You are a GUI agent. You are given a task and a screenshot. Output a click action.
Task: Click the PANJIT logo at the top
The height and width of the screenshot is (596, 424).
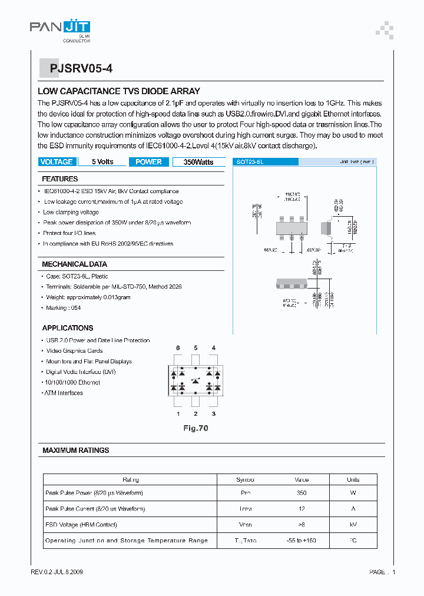[x=60, y=28]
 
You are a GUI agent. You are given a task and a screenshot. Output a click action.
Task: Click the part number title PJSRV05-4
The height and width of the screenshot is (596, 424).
[x=77, y=68]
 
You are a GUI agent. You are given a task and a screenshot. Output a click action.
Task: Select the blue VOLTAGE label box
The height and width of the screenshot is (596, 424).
[x=57, y=162]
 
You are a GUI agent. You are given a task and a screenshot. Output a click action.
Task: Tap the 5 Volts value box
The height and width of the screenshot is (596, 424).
[x=102, y=162]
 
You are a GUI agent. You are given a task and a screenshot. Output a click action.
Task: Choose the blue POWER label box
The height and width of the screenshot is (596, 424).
[x=148, y=162]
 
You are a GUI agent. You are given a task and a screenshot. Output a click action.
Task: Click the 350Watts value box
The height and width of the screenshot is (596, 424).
[x=198, y=162]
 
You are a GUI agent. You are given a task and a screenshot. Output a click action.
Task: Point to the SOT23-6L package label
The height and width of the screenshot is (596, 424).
[x=250, y=161]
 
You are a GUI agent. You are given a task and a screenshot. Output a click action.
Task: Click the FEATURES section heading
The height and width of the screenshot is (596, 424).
[x=59, y=179]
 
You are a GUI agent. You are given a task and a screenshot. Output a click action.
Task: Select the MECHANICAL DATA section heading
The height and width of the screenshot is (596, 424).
[x=74, y=264]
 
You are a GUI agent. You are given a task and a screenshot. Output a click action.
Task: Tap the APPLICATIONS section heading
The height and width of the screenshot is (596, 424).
[x=68, y=328]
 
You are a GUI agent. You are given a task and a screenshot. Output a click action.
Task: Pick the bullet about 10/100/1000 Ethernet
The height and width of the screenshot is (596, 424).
[x=72, y=382]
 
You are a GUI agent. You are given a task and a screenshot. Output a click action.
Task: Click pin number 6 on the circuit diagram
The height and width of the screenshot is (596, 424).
[x=177, y=348]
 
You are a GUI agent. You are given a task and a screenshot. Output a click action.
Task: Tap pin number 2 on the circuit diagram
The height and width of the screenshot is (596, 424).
[x=196, y=414]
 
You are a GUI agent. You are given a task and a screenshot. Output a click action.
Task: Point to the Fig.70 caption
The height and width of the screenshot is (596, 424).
[x=195, y=428]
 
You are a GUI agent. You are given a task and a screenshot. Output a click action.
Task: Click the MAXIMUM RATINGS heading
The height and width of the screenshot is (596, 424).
[x=75, y=451]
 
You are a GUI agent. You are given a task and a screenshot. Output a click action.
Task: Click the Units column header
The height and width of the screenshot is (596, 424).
[x=353, y=479]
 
